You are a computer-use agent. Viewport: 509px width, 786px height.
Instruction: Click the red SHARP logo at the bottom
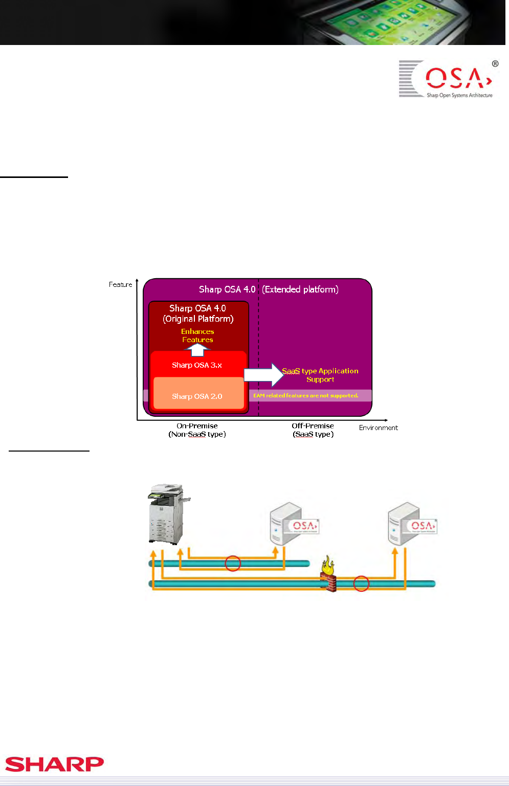[55, 764]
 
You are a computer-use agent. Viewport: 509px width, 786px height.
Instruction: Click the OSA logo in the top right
[448, 79]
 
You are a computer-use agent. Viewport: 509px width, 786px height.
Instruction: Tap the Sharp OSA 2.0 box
[197, 396]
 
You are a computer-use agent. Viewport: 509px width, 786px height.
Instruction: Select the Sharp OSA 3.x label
[197, 365]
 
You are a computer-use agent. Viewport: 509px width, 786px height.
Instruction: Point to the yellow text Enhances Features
[197, 335]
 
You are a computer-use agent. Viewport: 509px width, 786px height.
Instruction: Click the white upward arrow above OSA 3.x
[197, 350]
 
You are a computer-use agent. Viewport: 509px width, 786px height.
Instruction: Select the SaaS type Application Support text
[320, 375]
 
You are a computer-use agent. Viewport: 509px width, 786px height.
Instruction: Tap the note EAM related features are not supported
[306, 396]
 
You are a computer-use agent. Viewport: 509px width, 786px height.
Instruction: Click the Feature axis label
[121, 284]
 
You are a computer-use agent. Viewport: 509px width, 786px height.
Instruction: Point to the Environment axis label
[379, 428]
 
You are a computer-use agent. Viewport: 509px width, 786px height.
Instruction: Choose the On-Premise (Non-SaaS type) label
[197, 430]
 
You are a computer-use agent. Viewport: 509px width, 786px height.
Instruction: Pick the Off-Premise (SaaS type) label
[313, 430]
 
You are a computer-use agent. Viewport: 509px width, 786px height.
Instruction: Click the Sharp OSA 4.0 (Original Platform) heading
[198, 313]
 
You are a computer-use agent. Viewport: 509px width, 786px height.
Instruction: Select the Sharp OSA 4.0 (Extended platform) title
[269, 289]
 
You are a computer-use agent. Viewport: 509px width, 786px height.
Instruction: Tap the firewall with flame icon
[329, 576]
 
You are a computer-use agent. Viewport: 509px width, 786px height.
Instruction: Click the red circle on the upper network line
[233, 564]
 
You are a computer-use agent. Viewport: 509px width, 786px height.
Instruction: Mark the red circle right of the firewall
[361, 583]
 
